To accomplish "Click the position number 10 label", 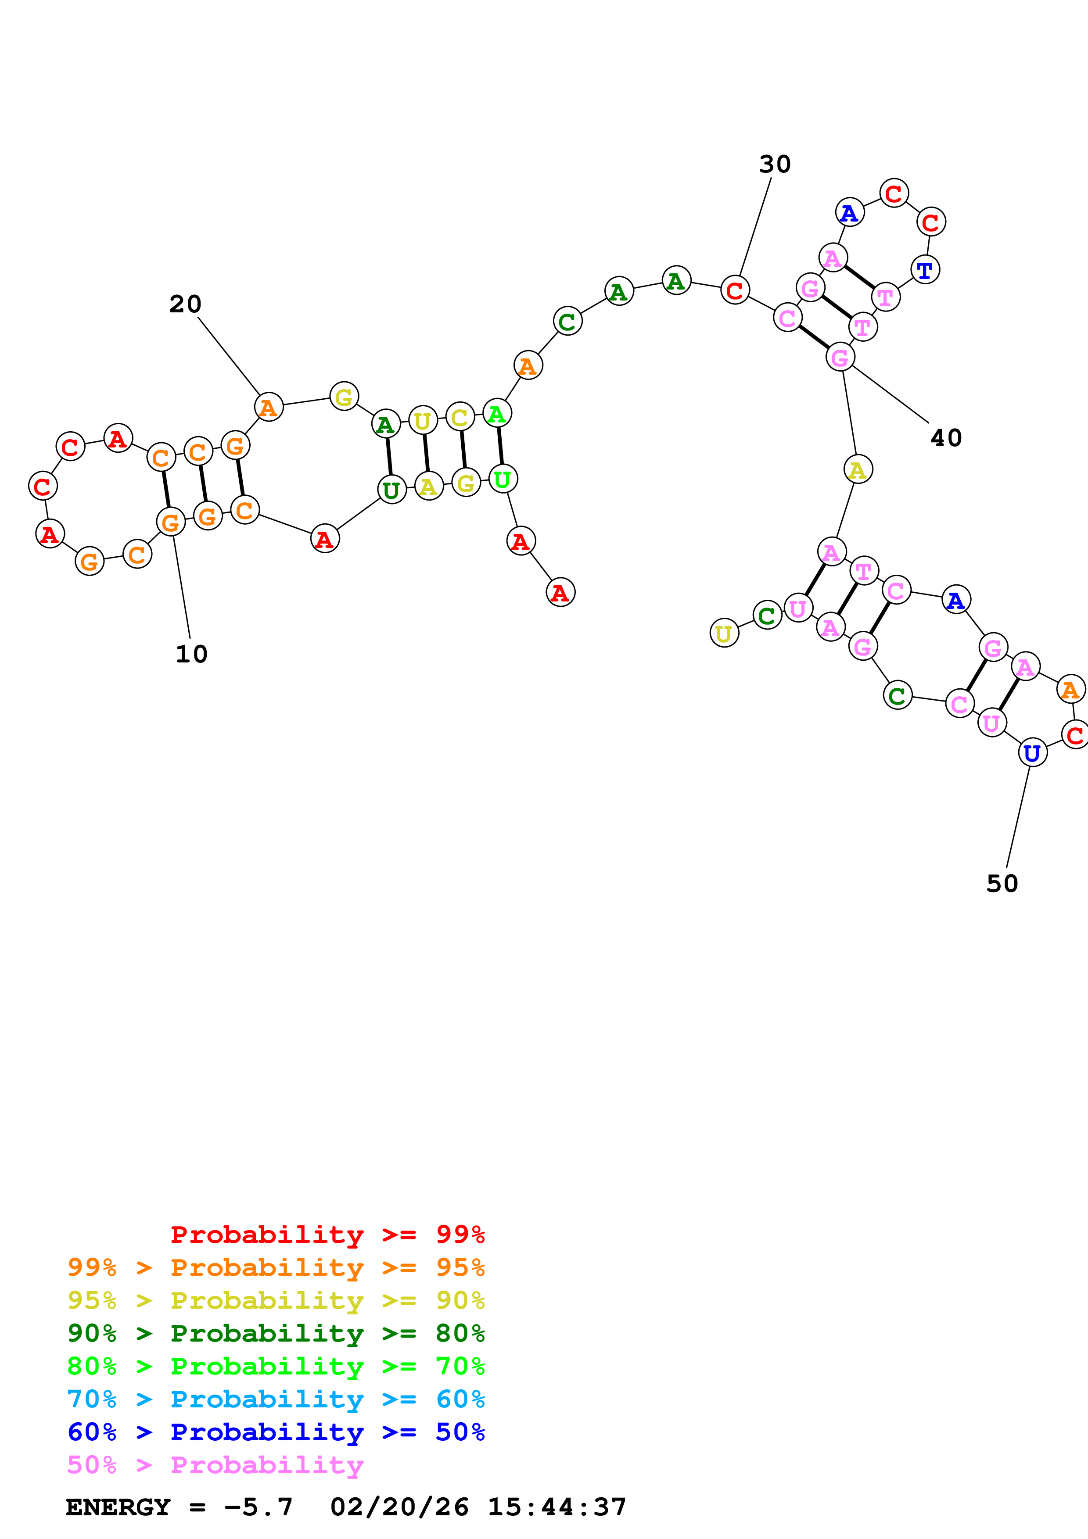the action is point(192,654).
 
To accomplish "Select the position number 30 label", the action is point(775,164).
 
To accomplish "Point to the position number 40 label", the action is point(946,438).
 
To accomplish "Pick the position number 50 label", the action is point(1002,884).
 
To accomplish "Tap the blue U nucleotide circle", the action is point(1032,753).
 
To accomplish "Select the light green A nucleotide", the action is point(497,414).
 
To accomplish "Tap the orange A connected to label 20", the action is point(268,407).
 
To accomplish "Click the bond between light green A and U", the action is point(500,446).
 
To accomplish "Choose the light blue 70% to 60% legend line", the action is point(276,1399).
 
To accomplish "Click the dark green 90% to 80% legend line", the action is point(276,1333).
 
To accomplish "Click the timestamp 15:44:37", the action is point(557,1507).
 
